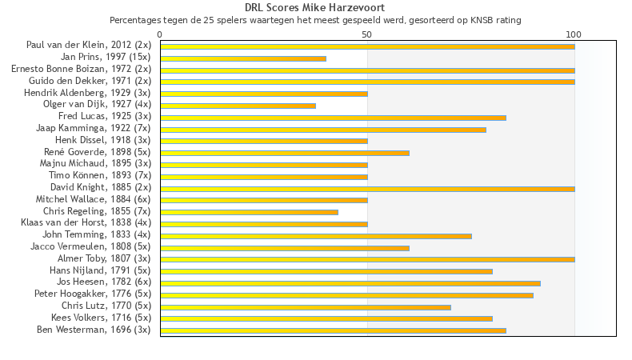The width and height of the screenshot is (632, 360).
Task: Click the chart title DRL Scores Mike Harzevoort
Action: tap(315, 8)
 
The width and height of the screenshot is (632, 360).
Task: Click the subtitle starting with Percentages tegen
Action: tap(315, 20)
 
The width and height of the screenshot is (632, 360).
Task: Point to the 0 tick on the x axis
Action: tap(160, 34)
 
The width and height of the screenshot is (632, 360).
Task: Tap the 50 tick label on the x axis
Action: tap(367, 34)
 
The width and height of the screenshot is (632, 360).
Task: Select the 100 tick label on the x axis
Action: tap(574, 34)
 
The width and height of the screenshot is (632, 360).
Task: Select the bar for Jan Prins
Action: tap(243, 58)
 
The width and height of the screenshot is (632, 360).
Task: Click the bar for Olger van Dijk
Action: tap(238, 106)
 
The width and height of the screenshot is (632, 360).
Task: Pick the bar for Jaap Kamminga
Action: tap(323, 129)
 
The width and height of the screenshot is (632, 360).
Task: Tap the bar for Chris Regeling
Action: tap(249, 212)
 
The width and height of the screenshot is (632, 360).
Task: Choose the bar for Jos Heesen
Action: tap(350, 283)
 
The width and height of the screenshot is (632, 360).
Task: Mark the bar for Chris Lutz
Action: tap(306, 306)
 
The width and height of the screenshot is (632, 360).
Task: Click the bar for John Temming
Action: tap(316, 236)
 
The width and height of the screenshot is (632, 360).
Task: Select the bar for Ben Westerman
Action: tap(333, 330)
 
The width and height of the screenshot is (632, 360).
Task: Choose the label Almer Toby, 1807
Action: tap(104, 258)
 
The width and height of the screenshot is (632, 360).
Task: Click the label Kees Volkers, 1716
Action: tap(101, 318)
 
